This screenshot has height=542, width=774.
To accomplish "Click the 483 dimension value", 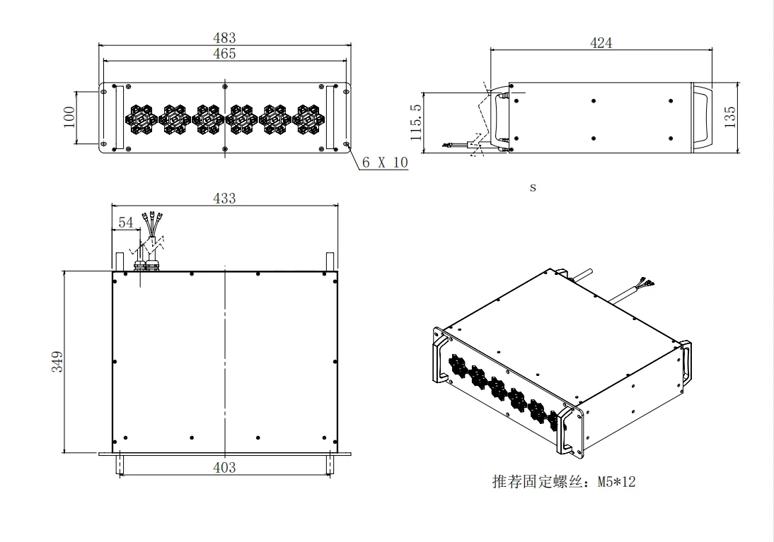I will pos(224,38).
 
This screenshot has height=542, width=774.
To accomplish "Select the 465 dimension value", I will pos(224,53).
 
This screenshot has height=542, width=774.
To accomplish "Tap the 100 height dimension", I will pos(69,118).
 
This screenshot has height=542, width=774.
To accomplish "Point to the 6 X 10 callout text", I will pos(385,163).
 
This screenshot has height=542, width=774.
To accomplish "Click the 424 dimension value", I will pos(601,42).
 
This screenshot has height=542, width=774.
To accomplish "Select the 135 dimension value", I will pos(731,117).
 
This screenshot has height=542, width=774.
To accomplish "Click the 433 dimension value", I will pos(224,199).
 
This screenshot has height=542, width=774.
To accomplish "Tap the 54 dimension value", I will pos(125,223).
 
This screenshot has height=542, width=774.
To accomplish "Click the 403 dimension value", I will pos(224,467).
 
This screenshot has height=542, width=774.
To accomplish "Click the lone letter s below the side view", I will pos(533,188).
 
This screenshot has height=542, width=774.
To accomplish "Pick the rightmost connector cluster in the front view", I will pos(308,119).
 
